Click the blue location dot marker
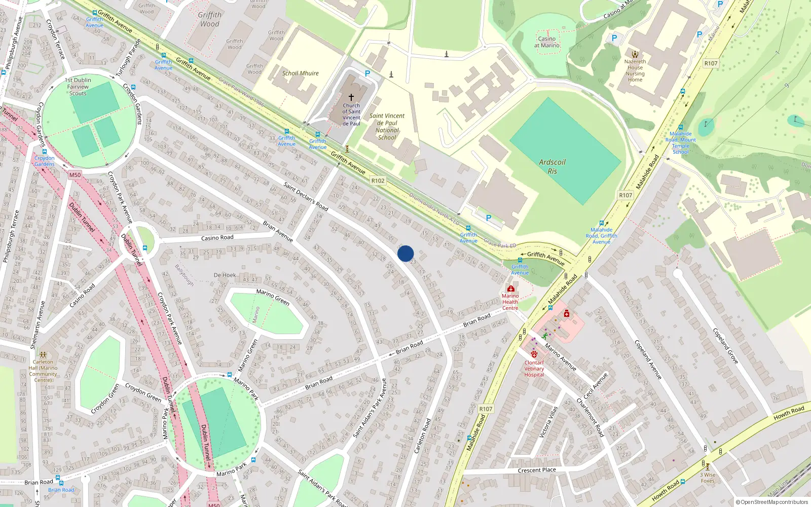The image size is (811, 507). coord(405,253)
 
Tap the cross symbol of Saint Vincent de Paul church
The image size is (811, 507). coord(351,97)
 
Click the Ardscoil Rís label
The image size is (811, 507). coord(552,166)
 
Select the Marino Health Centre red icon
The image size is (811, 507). coord(510,288)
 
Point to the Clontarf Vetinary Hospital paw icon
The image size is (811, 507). coord(534,354)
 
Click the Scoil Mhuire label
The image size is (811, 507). coord(301,73)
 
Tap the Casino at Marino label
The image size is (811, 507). coord(547,42)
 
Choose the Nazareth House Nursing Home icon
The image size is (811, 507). coord(635,54)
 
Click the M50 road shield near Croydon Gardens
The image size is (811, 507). coord(75,175)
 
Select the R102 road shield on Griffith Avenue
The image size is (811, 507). coord(378,180)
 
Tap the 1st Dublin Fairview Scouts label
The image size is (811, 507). coord(78,87)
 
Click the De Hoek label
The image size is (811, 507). coord(225,275)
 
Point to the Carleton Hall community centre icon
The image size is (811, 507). coord(44,354)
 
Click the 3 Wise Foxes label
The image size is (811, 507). coord(708,478)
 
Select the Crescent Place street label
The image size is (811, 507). coord(537,470)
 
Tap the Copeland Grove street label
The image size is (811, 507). coord(726,346)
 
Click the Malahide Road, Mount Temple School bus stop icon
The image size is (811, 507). coord(681,127)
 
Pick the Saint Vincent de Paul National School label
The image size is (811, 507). coord(387,126)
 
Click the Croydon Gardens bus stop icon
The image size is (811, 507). coord(45,152)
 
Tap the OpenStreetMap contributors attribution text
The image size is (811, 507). coord(771,502)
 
